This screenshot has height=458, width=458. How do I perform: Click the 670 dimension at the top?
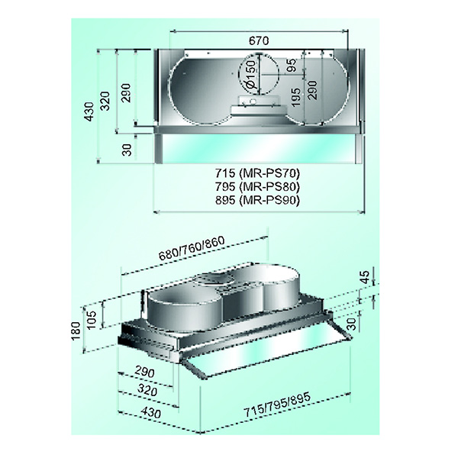coord(259,40)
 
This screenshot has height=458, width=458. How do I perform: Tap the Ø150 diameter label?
coord(250,75)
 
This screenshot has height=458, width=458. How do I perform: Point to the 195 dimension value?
coord(295,97)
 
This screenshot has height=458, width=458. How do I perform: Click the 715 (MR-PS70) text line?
coord(258,173)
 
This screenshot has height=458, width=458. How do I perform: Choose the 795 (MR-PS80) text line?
coord(258,186)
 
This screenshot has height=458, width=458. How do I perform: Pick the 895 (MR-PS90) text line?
coord(258,200)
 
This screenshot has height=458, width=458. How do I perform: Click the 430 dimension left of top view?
coord(89,111)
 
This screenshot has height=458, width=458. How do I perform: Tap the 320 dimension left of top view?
coord(106,101)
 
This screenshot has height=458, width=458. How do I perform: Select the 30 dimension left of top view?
coord(127,150)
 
